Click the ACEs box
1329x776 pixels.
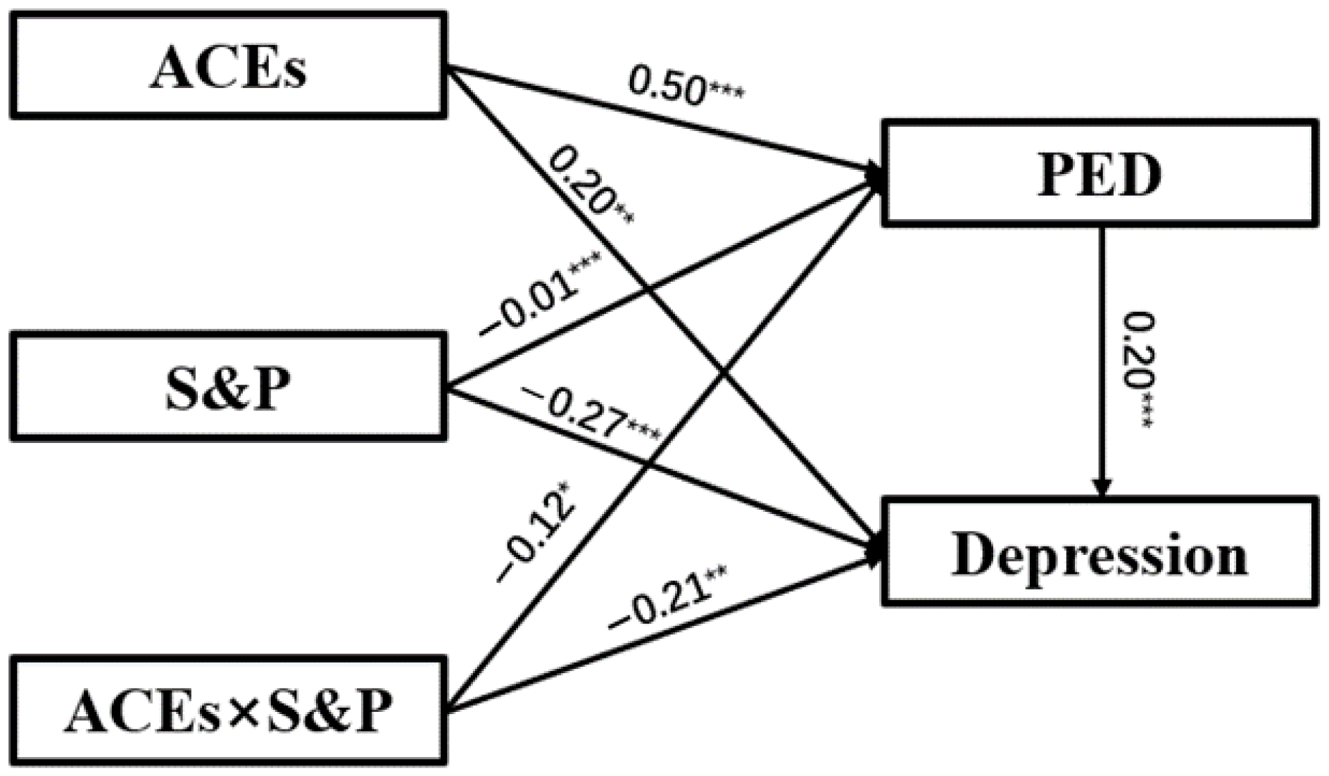(x=228, y=65)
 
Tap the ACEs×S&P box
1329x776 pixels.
(x=228, y=710)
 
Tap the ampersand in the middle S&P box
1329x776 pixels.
(x=227, y=388)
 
